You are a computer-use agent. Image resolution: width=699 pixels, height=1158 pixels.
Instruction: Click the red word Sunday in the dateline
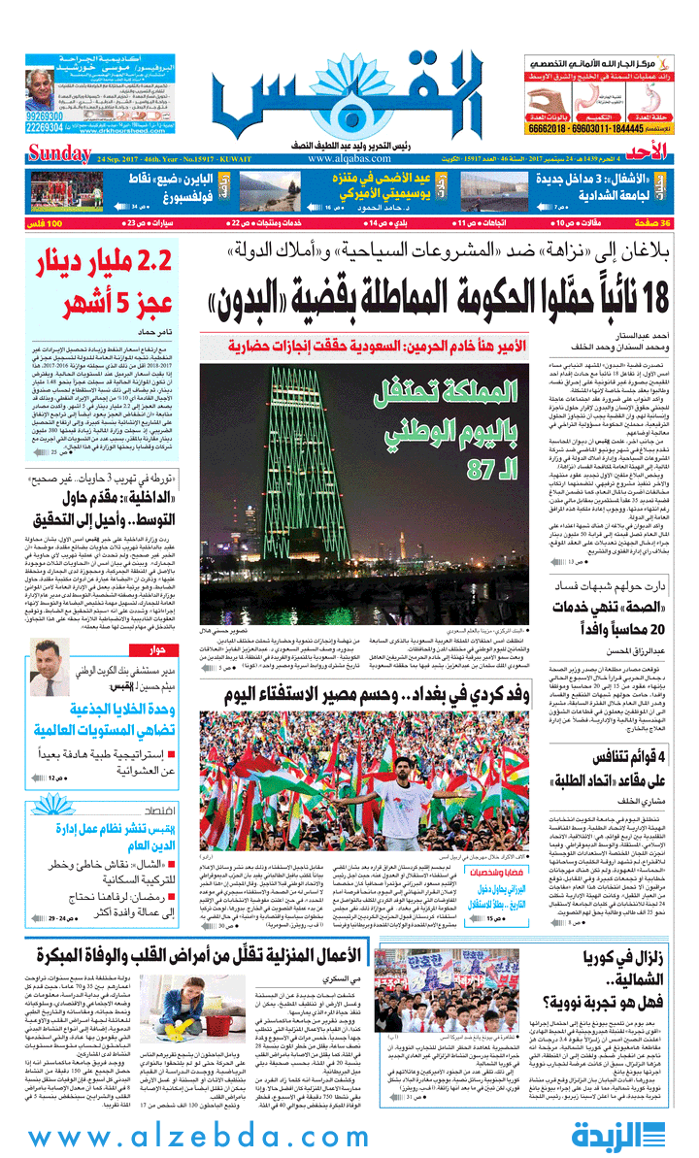[57, 153]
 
